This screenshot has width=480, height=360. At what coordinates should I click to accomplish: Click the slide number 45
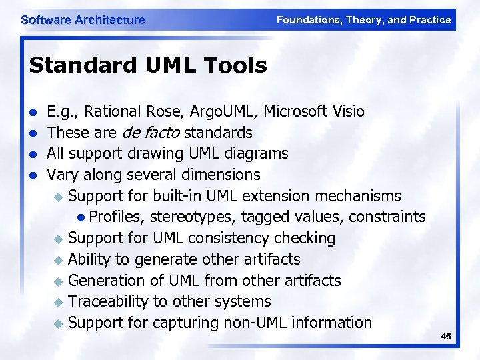[446, 337]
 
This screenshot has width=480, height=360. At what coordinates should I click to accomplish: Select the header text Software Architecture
[83, 20]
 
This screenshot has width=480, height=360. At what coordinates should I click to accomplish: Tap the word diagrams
[256, 153]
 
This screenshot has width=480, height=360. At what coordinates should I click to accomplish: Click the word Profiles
[117, 217]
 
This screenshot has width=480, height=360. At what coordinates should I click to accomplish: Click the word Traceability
[108, 301]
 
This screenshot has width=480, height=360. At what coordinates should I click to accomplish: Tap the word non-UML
[255, 323]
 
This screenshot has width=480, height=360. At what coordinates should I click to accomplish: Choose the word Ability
[91, 259]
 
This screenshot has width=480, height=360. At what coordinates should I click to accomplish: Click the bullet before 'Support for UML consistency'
[59, 239]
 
